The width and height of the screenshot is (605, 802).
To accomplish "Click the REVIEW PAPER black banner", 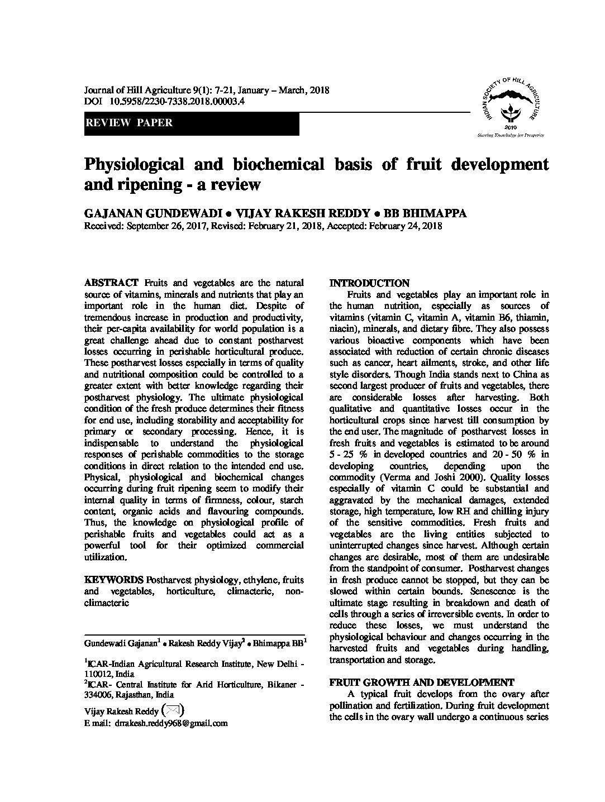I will pyautogui.click(x=192, y=123).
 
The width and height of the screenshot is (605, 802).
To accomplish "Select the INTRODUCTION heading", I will pyautogui.click(x=369, y=283).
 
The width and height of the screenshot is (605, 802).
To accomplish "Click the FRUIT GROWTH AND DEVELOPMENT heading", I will pyautogui.click(x=421, y=682).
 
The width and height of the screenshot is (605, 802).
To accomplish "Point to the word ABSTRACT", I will pyautogui.click(x=111, y=283).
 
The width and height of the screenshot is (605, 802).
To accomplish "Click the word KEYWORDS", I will pyautogui.click(x=109, y=580).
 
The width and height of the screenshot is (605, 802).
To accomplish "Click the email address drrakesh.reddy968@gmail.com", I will pyautogui.click(x=171, y=723).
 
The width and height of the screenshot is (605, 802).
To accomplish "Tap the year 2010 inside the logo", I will pyautogui.click(x=511, y=127).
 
